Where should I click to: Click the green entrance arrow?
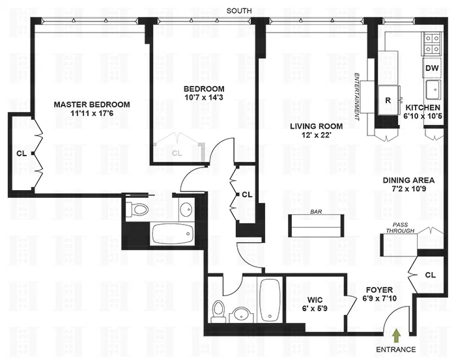tap(398, 335)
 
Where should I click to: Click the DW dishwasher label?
tap(432, 68)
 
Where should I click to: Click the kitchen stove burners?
tap(432, 43)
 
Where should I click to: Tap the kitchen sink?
tap(433, 89)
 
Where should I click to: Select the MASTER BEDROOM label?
tap(91, 104)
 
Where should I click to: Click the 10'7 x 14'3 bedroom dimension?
tap(204, 98)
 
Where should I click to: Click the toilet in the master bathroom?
tap(138, 208)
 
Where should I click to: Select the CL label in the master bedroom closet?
tap(21, 154)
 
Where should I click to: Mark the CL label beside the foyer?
tap(429, 275)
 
